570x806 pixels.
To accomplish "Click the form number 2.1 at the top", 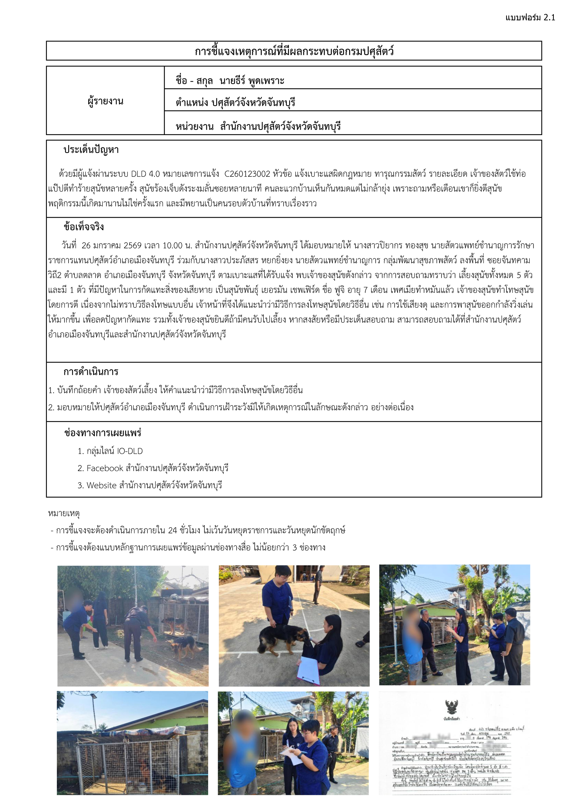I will [549, 18].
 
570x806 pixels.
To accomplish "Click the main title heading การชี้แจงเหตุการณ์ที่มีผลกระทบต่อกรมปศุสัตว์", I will [294, 51].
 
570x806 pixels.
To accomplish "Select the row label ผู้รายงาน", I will [105, 101].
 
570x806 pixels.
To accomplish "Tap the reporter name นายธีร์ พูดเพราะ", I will [252, 81].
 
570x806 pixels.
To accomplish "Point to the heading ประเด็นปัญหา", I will [91, 150].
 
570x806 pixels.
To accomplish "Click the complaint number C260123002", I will [247, 174].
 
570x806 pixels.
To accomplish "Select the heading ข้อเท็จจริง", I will [83, 227].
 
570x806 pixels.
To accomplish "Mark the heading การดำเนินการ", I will [91, 372].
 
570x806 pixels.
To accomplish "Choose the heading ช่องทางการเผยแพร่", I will [102, 433].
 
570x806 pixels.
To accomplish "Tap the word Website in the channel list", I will [101, 486].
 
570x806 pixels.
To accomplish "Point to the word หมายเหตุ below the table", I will [64, 513].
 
